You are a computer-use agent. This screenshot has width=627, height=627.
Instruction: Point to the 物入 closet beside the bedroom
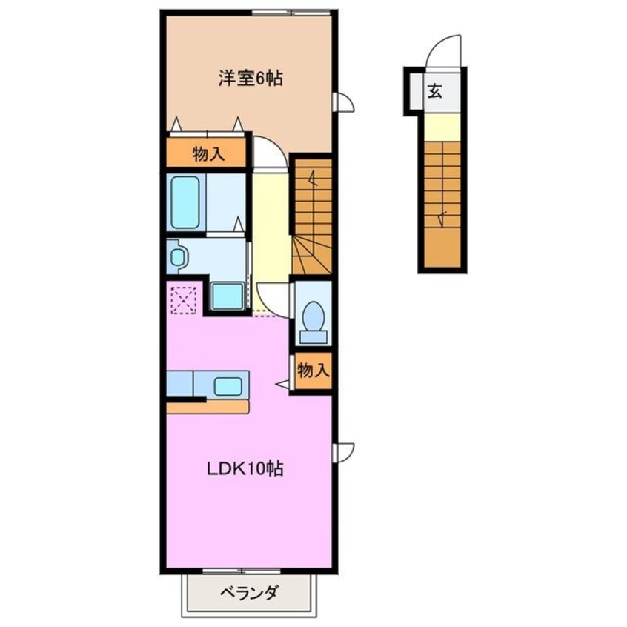(205, 153)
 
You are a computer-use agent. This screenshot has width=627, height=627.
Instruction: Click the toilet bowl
(313, 319)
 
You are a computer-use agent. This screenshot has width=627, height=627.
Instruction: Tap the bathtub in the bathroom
(185, 202)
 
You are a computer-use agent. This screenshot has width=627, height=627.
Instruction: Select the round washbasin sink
(178, 256)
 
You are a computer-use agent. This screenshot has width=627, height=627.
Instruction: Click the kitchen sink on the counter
(227, 385)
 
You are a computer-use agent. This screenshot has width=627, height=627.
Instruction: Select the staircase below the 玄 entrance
(444, 204)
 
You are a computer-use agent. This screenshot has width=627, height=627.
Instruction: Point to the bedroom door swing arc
(267, 153)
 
